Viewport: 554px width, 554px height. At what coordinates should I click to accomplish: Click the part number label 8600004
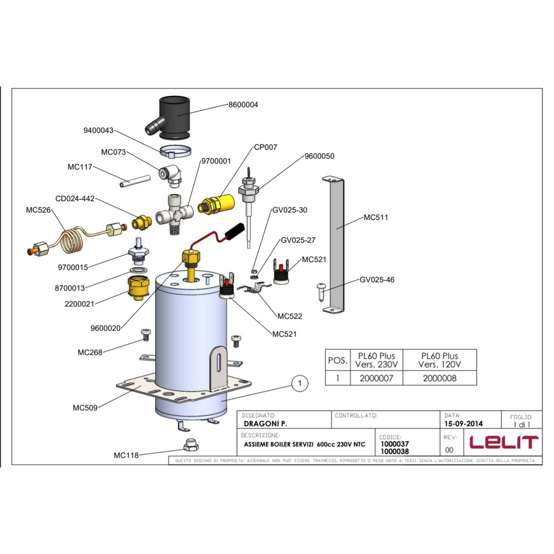[243, 105]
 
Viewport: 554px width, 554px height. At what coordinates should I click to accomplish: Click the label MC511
[376, 218]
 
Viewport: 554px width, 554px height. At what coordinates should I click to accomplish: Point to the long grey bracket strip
[334, 244]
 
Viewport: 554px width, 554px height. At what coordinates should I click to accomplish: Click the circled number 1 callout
[300, 383]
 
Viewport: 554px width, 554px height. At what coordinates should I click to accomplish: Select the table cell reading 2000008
[439, 378]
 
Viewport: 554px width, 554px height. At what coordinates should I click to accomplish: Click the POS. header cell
[337, 361]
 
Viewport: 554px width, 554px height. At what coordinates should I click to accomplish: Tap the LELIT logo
[504, 442]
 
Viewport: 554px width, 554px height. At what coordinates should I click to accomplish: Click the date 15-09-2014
[463, 424]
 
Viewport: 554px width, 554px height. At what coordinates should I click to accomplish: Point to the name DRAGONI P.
[265, 424]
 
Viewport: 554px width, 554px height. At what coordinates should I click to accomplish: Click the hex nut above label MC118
[190, 444]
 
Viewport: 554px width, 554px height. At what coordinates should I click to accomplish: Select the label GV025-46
[377, 280]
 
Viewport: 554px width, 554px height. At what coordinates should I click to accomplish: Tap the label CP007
[265, 147]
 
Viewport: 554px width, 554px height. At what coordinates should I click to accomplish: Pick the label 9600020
[105, 328]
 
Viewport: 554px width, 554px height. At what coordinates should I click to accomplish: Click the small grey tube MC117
[135, 182]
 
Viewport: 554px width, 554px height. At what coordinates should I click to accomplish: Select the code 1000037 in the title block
[394, 444]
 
